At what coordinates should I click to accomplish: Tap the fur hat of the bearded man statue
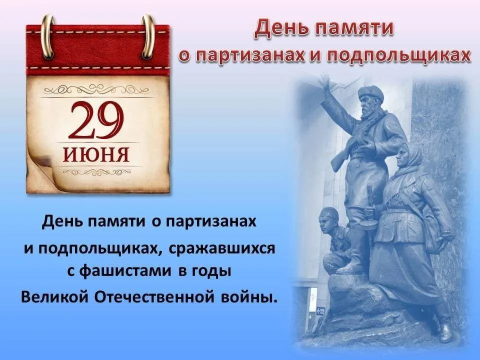click(369, 92)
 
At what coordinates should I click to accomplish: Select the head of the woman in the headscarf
click(409, 155)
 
